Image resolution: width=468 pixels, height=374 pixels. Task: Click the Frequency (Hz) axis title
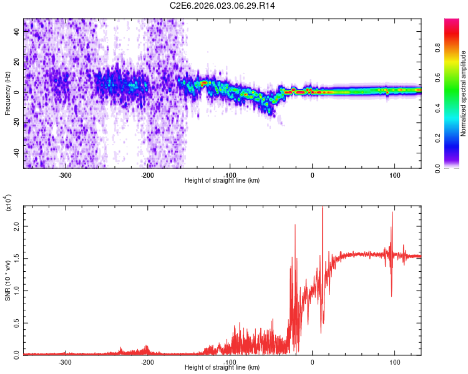[7, 93]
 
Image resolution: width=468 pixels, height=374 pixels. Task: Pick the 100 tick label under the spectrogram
[394, 175]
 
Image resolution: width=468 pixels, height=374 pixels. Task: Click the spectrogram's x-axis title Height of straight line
[222, 181]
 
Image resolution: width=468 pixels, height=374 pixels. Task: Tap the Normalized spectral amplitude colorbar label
[463, 93]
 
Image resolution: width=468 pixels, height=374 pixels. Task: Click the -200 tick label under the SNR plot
[147, 362]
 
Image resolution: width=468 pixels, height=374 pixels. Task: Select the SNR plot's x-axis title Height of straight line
[222, 368]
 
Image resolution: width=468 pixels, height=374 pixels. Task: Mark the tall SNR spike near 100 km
[392, 213]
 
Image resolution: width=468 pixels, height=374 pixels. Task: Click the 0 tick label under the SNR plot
[313, 362]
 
